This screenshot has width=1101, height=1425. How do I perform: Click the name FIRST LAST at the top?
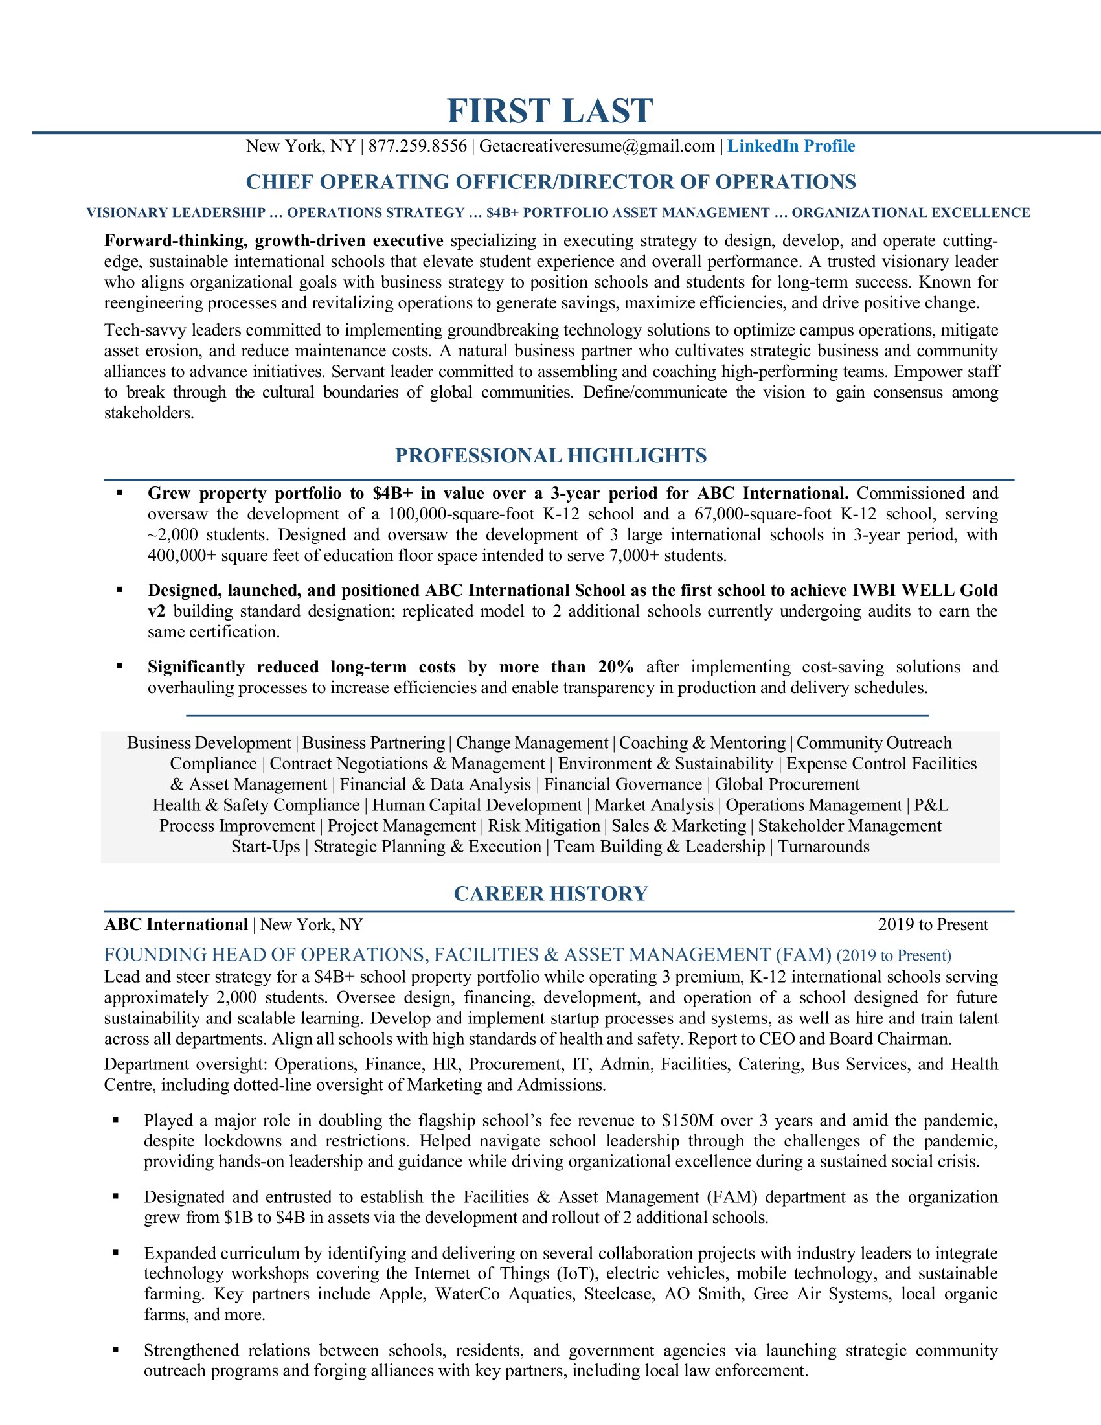coord(550,111)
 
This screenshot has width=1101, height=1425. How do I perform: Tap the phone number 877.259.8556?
coord(418,146)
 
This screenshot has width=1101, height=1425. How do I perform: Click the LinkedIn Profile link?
coord(791,146)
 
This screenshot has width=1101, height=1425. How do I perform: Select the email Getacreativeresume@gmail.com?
coord(597,146)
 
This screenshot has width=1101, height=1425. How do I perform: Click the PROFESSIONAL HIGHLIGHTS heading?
coord(550,455)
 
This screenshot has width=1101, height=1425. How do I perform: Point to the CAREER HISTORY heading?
coord(550,893)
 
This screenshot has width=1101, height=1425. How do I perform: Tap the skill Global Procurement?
coord(788,784)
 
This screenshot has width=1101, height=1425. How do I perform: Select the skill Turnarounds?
coord(824,847)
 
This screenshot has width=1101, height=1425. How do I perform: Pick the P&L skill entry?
coord(931,805)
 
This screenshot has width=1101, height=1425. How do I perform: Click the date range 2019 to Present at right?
coord(933,924)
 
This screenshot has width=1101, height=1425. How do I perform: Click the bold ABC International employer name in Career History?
coord(176,924)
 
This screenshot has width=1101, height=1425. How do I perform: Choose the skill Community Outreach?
coord(874,743)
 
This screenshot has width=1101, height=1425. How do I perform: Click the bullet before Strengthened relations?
coord(116,1350)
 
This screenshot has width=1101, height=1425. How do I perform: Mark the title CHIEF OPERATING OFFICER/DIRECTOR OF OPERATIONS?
coord(550,182)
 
